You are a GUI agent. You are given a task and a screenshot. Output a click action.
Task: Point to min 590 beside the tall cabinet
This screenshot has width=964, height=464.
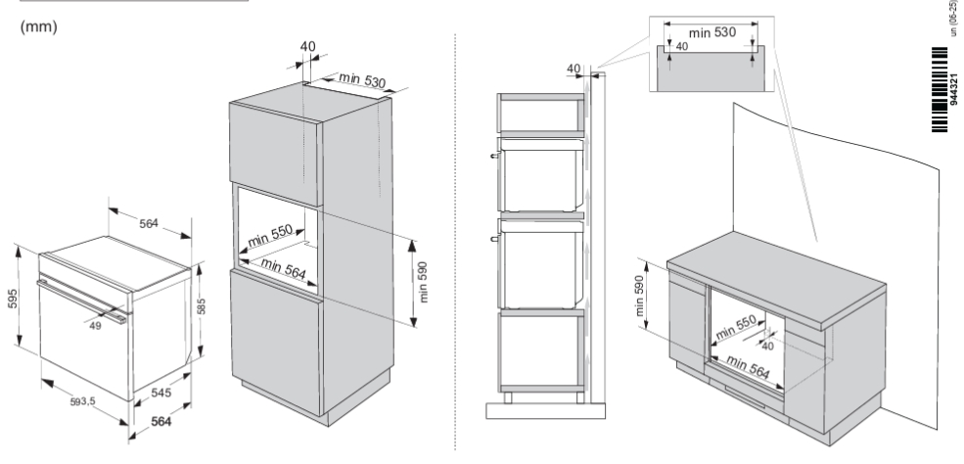[x=424, y=283]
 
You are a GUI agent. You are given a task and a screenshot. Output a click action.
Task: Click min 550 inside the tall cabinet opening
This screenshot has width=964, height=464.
[x=269, y=236]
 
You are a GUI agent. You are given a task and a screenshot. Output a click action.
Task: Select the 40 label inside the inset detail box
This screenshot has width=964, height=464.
[x=681, y=46]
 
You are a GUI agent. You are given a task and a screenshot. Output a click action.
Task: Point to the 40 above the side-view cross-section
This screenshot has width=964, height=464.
[x=573, y=68]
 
